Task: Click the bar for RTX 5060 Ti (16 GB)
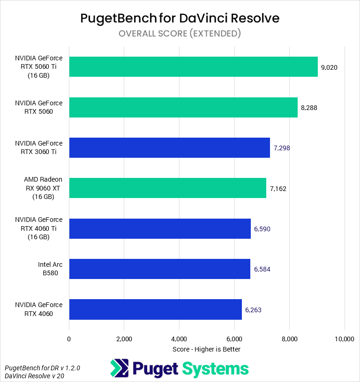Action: [x=193, y=67]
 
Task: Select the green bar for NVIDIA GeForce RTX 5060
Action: [x=183, y=107]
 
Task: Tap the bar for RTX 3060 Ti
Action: [x=169, y=147]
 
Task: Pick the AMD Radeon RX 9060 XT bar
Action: [x=167, y=188]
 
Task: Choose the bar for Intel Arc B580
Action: [x=159, y=269]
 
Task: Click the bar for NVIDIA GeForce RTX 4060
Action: [x=155, y=309]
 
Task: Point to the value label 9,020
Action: [x=329, y=67]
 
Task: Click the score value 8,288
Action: [x=309, y=107]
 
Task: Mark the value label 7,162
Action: [x=278, y=189]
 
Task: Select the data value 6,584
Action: [x=262, y=269]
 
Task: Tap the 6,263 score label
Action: [x=254, y=309]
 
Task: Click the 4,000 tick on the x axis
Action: [x=179, y=339]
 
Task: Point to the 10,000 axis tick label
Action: [x=345, y=339]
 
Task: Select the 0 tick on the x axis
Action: [x=69, y=339]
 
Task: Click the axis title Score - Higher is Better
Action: [x=206, y=349]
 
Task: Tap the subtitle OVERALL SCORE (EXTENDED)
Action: [x=180, y=33]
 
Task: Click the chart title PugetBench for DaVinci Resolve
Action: [x=180, y=18]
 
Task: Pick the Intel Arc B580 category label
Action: [x=50, y=269]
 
